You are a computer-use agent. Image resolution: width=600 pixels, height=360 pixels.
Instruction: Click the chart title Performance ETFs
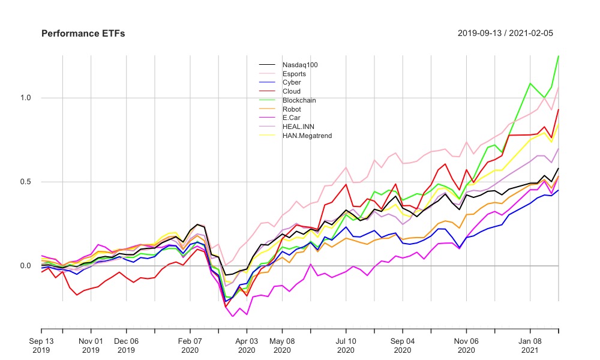coord(83,34)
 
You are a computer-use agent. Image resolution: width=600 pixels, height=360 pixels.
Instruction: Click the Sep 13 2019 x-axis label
coord(41,345)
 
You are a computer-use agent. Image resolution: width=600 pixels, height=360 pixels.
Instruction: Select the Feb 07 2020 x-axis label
coord(190,345)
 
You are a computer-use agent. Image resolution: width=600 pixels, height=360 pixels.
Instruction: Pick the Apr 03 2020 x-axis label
coord(246,345)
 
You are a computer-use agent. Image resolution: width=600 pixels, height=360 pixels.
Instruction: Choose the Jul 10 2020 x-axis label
coord(346,345)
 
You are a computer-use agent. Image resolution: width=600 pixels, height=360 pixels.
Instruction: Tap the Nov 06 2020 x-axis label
coord(466,345)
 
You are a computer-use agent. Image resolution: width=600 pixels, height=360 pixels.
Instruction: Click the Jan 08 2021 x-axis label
coord(530,345)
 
